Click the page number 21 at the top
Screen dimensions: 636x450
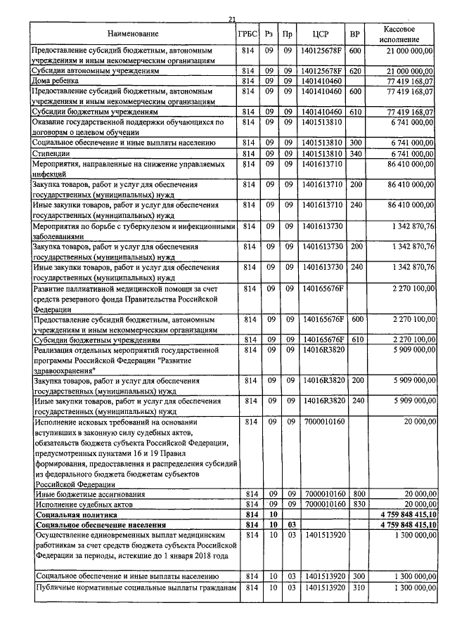pyautogui.click(x=232, y=19)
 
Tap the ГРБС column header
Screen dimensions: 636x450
pyautogui.click(x=247, y=34)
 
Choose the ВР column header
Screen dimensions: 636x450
pyautogui.click(x=355, y=34)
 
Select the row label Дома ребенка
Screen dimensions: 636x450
pyautogui.click(x=56, y=81)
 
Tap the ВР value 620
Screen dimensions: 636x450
pyautogui.click(x=355, y=71)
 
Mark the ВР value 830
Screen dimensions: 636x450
pyautogui.click(x=355, y=505)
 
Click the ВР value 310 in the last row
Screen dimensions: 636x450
pyautogui.click(x=355, y=587)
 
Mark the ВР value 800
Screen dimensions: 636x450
pyautogui.click(x=355, y=495)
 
